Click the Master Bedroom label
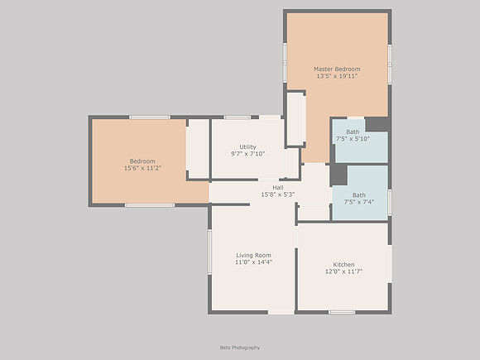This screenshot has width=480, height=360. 337,70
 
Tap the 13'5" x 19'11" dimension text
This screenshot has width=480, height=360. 337,76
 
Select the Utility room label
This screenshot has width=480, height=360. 247,147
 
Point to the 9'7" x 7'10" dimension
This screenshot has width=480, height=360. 247,154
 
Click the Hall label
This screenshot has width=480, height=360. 278,187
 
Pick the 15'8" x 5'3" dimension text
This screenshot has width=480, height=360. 277,194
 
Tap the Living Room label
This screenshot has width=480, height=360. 253,255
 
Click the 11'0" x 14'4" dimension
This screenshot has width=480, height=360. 253,262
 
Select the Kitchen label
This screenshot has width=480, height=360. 343,265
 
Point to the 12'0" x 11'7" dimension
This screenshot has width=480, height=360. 343,271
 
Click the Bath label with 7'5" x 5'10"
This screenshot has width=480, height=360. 353,132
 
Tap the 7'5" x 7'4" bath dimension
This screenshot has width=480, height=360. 359,202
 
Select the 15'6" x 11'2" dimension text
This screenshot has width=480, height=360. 142,168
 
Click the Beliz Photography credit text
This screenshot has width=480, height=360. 240,348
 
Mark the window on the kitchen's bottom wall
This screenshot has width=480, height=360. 342,312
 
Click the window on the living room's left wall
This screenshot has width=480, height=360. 209,252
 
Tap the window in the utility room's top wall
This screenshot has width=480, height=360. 238,118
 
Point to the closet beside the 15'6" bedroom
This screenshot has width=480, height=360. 198,148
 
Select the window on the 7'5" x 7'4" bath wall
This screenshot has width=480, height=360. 390,202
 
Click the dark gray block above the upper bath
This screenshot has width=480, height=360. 377,125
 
